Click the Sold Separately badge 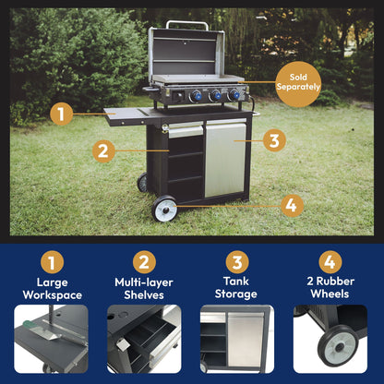298,84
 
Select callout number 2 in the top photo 102,149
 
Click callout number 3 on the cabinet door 272,140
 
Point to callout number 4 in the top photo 290,204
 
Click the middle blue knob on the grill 215,95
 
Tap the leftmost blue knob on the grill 196,95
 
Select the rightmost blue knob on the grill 234,95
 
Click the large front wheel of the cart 165,209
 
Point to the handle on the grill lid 187,23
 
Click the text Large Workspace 52,289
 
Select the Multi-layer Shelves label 144,289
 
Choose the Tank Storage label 237,289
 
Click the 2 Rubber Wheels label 330,289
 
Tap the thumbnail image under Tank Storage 237,339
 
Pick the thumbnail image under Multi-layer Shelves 144,339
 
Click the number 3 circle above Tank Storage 237,262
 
